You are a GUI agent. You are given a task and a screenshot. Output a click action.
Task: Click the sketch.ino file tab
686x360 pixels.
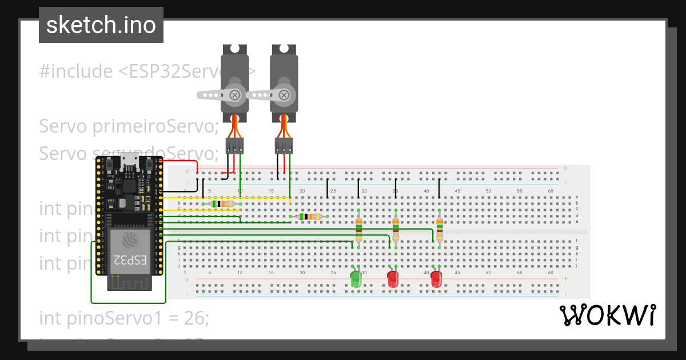point(101,25)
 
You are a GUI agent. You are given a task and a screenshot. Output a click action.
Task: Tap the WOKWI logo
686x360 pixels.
point(607,315)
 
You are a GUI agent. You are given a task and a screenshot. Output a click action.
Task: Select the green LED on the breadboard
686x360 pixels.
point(356,279)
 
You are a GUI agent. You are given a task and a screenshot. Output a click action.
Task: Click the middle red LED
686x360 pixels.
point(393,279)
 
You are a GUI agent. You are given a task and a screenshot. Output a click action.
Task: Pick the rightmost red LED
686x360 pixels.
point(436,279)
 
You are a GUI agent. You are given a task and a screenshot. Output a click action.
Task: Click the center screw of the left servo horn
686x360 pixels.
point(234,94)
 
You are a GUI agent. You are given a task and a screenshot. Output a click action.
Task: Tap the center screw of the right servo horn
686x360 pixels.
point(284,94)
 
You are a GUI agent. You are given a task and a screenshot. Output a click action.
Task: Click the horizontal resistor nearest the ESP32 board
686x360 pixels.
point(222,204)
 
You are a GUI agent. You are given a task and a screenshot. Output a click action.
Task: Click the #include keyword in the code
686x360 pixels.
point(75,71)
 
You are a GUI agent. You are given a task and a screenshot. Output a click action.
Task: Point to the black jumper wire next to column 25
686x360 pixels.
point(328,187)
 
